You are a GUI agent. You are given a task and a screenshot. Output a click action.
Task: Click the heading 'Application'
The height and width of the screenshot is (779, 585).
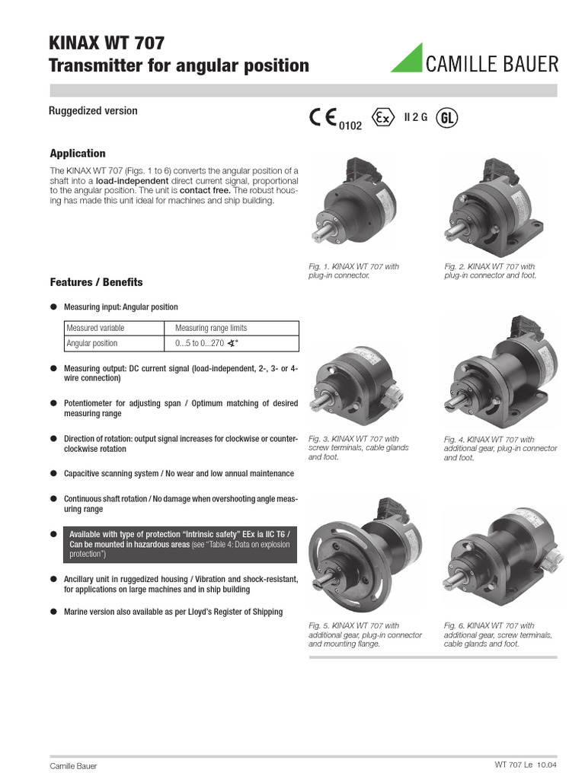(x=78, y=153)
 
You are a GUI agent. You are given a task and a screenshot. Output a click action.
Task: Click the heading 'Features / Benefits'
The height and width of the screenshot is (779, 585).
(x=96, y=282)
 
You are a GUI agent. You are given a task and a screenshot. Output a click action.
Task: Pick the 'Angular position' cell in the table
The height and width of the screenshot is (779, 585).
(x=92, y=343)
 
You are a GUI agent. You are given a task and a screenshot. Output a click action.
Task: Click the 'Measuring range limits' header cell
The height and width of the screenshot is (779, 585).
(x=211, y=328)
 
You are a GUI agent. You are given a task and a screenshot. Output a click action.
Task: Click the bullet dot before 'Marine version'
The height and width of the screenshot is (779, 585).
(x=53, y=612)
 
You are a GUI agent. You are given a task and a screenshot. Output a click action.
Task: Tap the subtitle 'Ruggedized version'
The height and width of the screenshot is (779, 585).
(x=93, y=111)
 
